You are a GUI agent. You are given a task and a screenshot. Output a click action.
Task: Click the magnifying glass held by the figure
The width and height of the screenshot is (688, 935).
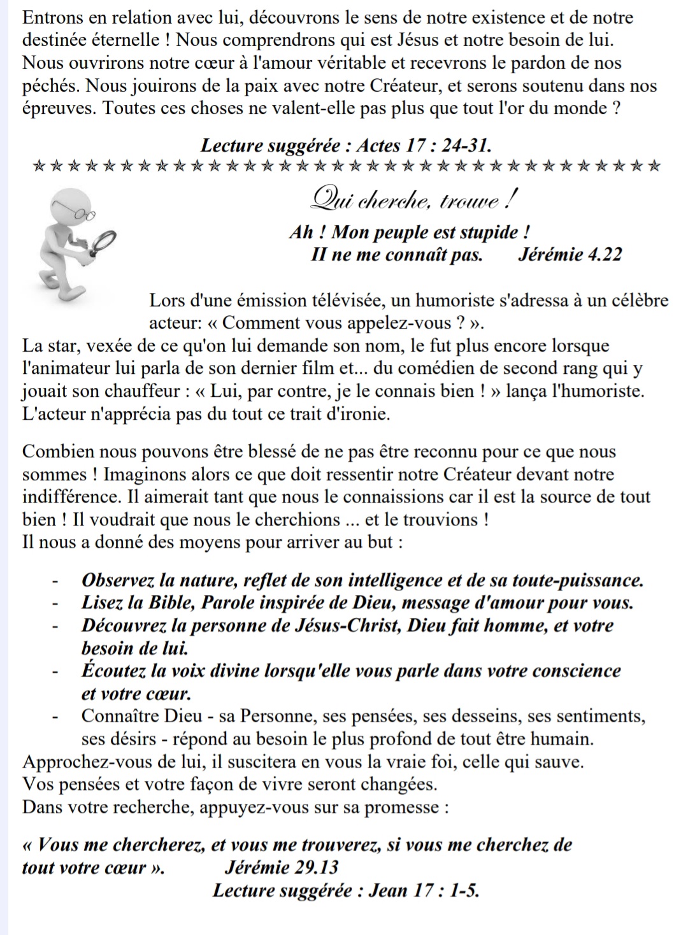[102, 242]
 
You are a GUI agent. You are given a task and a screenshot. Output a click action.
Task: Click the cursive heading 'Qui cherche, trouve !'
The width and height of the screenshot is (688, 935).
[411, 202]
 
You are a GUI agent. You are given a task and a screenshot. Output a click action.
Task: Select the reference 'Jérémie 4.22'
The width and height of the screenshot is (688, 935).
[570, 255]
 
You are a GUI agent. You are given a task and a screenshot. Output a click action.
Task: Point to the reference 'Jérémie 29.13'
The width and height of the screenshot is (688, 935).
[282, 867]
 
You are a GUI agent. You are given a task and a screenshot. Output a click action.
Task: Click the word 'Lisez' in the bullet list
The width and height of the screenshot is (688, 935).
[101, 603]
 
